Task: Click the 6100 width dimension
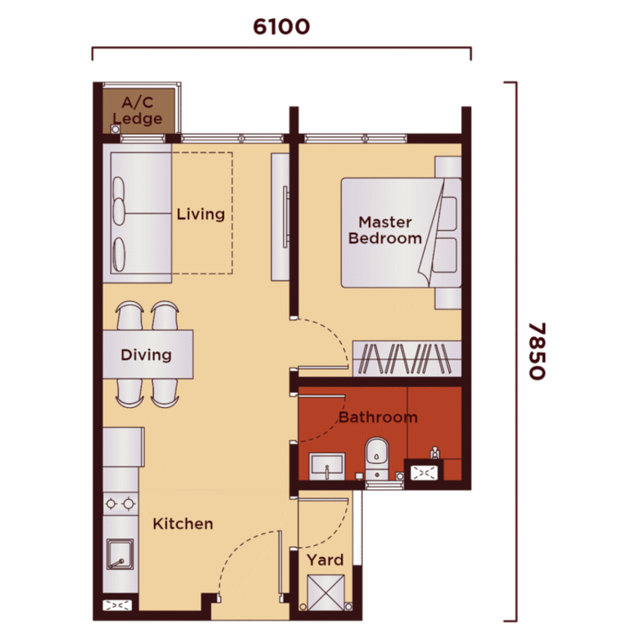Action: (x=281, y=27)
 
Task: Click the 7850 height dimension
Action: (x=537, y=351)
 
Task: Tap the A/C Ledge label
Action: (x=138, y=110)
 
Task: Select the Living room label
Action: (x=201, y=214)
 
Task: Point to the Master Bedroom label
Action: (x=385, y=230)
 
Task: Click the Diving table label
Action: (x=146, y=354)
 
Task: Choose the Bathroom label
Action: (x=378, y=417)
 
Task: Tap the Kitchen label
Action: (x=182, y=523)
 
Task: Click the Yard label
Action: (x=325, y=560)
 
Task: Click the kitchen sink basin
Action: (x=120, y=554)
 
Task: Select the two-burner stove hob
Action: (x=120, y=503)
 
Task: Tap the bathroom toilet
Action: (x=377, y=458)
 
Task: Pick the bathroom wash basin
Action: (x=327, y=466)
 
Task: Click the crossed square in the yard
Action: (x=326, y=593)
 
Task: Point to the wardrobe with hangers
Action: (x=407, y=359)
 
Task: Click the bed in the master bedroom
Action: (x=401, y=232)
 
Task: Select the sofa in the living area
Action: (x=137, y=213)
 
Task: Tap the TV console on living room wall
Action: (x=281, y=217)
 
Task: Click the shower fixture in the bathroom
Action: (x=435, y=452)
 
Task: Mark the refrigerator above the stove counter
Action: (x=123, y=447)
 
